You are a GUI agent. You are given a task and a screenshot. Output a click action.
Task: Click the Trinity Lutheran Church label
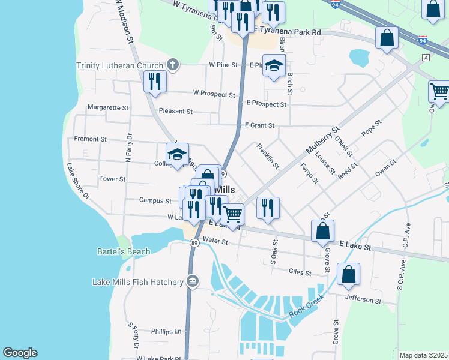pos(119,65)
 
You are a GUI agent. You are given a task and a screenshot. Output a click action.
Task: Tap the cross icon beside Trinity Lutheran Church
pos(172,65)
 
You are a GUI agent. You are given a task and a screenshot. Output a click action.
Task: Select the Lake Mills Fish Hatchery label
pos(137,282)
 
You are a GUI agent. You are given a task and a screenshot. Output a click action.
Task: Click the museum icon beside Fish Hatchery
pos(193,281)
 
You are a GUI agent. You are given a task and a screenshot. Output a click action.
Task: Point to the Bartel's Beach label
pos(124,251)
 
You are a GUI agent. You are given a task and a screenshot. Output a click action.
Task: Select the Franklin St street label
pos(268,155)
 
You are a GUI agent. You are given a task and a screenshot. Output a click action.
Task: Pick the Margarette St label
pos(108,108)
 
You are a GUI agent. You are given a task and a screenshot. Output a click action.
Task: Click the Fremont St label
pos(90,139)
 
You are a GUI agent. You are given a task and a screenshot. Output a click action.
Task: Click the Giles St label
pos(299,272)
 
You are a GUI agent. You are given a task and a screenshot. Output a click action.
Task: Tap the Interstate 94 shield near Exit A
pos(423,41)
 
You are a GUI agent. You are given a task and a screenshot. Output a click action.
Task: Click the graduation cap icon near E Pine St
pos(274,66)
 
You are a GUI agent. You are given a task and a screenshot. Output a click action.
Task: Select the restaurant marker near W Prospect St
pos(155,82)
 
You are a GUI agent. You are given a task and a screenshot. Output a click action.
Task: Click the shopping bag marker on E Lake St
pos(322,231)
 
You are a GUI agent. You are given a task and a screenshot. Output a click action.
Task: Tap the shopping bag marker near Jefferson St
pos(348,275)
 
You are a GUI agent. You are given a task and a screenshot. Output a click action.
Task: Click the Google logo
pos(20,353)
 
